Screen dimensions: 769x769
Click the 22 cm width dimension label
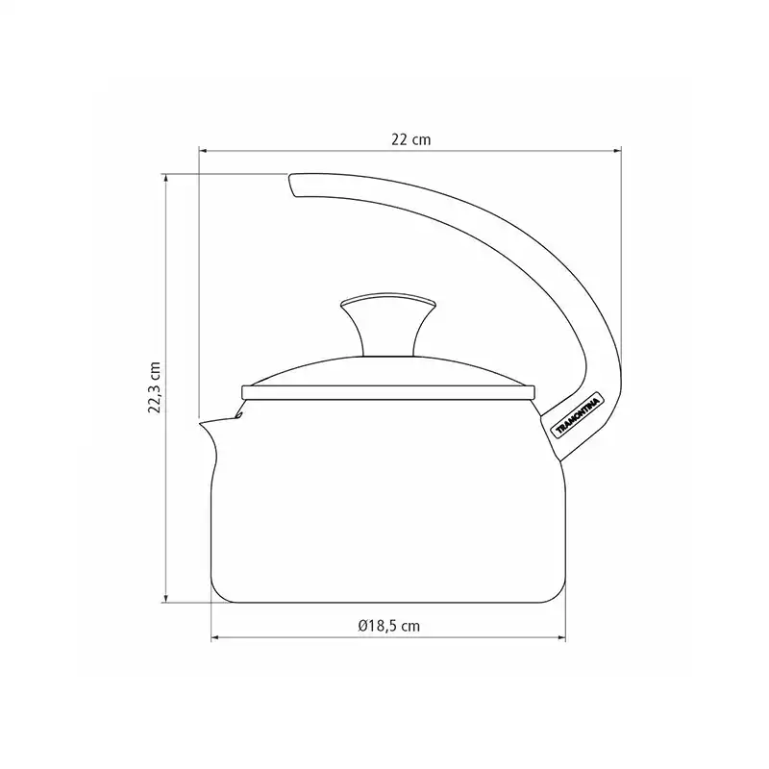411,139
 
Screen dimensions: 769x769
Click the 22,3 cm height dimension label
155,387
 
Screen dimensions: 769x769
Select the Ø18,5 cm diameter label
388,626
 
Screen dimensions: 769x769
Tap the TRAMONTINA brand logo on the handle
578,416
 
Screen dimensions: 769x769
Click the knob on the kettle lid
388,324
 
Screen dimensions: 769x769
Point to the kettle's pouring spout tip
200,422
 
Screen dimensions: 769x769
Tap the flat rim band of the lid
388,392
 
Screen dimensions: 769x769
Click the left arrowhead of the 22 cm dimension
203,152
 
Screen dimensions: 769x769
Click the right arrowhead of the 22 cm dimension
617,152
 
